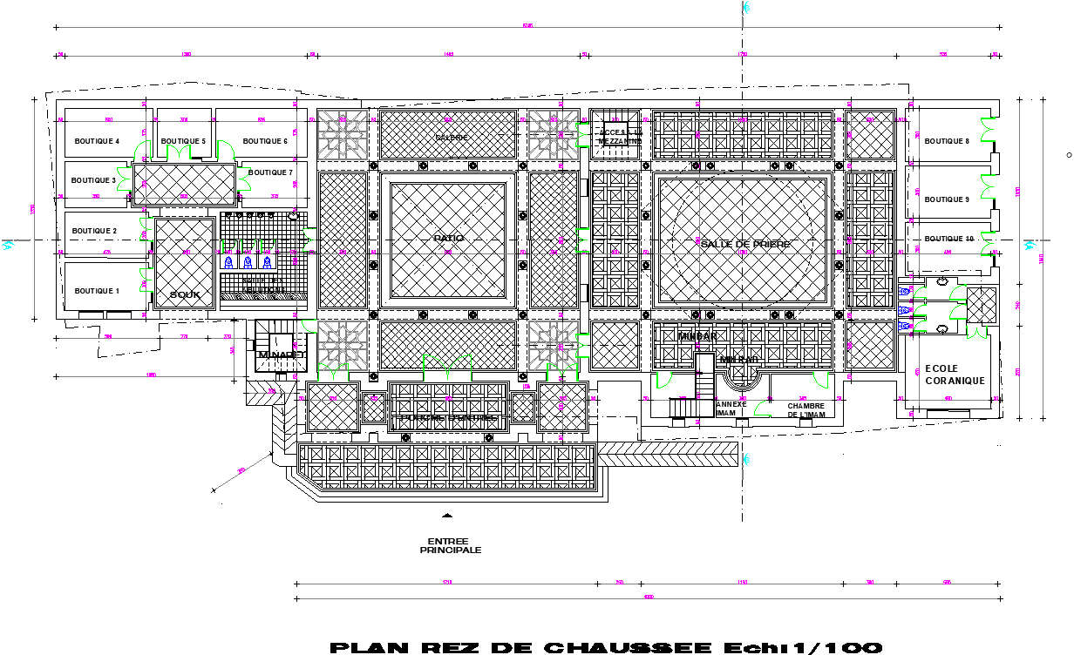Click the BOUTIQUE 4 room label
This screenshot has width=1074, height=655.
tap(97, 141)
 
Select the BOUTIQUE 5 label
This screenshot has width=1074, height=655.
tap(183, 141)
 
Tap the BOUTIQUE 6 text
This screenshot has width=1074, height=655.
tap(265, 141)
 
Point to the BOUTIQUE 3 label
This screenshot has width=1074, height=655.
tap(93, 180)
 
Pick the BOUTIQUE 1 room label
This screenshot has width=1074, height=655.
tap(96, 291)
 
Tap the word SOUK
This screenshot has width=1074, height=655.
tap(185, 295)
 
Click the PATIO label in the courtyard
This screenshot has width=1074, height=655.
tap(449, 238)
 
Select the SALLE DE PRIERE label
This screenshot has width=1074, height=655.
tap(745, 245)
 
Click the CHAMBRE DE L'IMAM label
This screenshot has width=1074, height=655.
tap(805, 410)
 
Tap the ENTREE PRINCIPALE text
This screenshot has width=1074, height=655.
tap(451, 546)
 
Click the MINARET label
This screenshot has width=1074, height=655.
tap(281, 355)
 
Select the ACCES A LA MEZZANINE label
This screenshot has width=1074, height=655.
tap(620, 137)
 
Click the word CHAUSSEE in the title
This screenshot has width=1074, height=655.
tap(625, 647)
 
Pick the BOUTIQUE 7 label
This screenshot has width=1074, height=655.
tap(271, 172)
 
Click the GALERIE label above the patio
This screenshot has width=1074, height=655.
tap(452, 138)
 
